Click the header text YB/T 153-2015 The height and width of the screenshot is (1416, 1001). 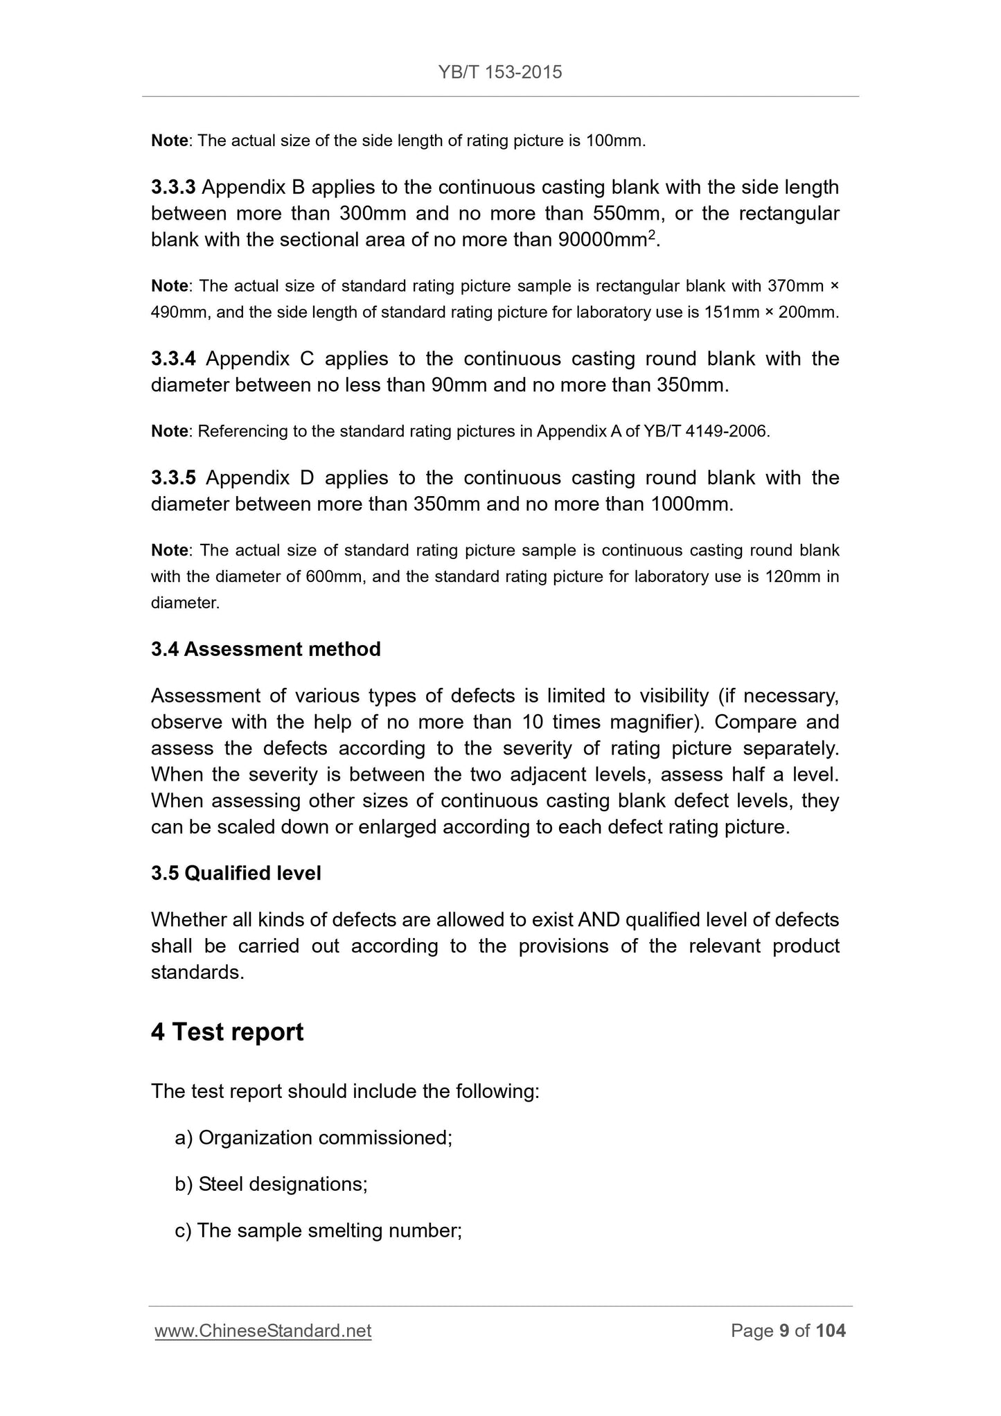point(500,72)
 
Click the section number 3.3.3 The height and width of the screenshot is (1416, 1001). point(173,188)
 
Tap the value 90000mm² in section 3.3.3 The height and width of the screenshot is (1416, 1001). point(606,240)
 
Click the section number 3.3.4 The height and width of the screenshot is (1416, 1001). point(173,359)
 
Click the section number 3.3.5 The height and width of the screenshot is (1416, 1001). point(173,478)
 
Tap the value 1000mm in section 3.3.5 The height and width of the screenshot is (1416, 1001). point(690,504)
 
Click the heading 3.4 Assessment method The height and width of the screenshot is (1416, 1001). point(266,649)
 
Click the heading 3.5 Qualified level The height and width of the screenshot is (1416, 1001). point(236,873)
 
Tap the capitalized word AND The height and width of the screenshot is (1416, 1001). point(601,920)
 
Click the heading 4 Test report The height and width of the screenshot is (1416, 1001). point(227,1032)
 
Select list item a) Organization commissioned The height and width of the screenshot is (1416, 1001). point(313,1138)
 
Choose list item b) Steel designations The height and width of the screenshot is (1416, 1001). point(271,1184)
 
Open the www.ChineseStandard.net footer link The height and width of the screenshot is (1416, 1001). point(263,1331)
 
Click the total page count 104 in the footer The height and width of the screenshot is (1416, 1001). point(831,1331)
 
